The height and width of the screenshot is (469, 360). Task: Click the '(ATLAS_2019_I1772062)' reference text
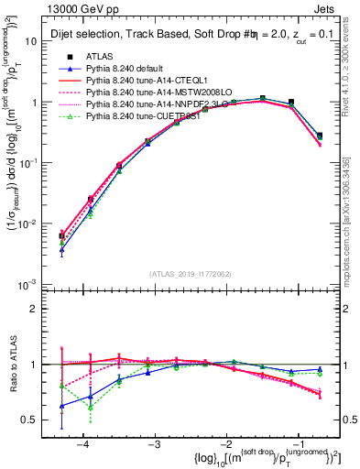[191, 273]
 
